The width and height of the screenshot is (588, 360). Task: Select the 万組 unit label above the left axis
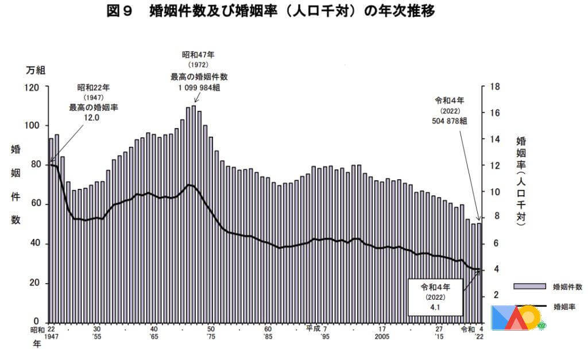pyautogui.click(x=35, y=70)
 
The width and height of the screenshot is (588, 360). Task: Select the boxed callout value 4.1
pyautogui.click(x=435, y=308)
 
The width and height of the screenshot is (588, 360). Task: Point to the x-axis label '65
pyautogui.click(x=154, y=337)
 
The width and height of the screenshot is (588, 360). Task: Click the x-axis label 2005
pyautogui.click(x=382, y=337)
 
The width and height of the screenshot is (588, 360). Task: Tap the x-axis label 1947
pyautogui.click(x=51, y=337)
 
